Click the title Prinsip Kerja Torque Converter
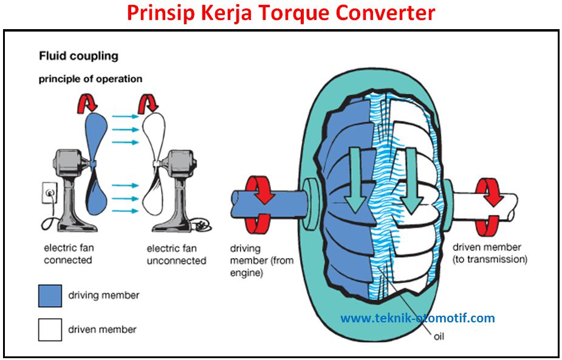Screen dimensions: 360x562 tap(281, 13)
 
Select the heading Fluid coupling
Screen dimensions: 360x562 tap(78, 56)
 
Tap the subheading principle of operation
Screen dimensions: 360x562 tap(91, 79)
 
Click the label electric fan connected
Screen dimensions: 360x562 tap(69, 254)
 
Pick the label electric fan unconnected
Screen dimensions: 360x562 tap(176, 254)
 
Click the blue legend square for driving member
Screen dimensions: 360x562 tap(50, 296)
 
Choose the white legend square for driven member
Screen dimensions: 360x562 tap(50, 330)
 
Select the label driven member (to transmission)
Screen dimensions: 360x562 tap(490, 253)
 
